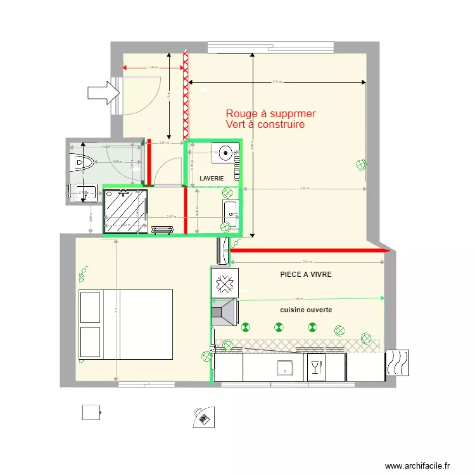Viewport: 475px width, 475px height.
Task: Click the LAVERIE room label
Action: (212, 179)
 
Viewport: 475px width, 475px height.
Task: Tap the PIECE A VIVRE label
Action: (306, 275)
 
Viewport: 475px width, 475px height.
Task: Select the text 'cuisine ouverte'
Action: (306, 310)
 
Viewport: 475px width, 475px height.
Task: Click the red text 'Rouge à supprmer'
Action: (271, 114)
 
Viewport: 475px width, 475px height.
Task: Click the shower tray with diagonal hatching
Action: (125, 210)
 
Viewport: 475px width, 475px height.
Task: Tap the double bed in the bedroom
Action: (125, 324)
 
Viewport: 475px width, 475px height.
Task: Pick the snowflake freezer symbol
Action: (224, 282)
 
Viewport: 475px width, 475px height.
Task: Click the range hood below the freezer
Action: (224, 313)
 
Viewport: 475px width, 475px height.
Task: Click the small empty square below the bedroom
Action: (91, 413)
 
